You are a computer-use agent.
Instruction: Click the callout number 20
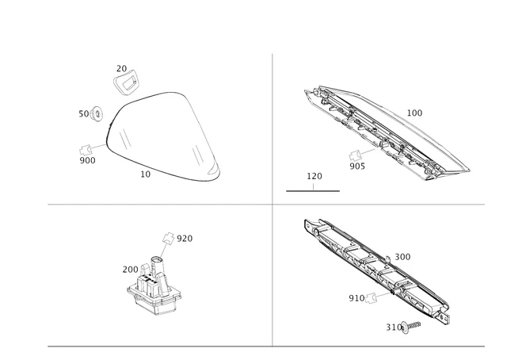point(121,69)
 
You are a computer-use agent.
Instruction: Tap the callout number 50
point(84,114)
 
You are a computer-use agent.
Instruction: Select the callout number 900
point(87,160)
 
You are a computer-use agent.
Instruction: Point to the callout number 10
point(145,174)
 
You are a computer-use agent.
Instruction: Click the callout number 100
point(414,113)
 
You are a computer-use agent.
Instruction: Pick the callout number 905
point(358,167)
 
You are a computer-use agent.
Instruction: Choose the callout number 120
point(314,176)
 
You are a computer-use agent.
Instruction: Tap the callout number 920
point(185,239)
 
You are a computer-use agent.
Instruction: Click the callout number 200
point(131,269)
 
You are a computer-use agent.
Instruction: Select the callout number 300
point(402,257)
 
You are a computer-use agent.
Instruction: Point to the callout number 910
point(357,298)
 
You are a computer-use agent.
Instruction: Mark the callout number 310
point(394,327)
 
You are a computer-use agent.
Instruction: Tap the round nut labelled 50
point(97,113)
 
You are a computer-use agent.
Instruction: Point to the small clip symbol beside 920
point(167,237)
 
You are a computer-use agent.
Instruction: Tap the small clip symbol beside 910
point(375,297)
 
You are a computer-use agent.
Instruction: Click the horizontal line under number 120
point(312,191)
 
